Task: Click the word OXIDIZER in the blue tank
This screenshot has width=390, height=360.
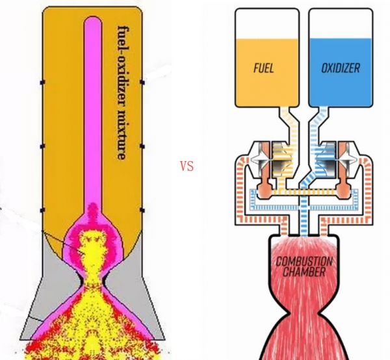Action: [339, 67]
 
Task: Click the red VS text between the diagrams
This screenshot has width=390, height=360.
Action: [187, 166]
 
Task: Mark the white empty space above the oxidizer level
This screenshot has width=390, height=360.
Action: [339, 24]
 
